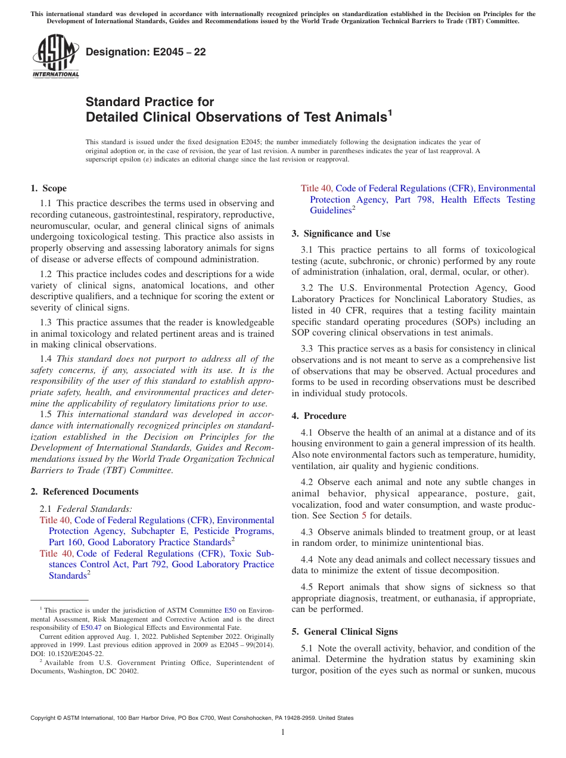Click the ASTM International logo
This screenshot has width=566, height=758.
(55, 57)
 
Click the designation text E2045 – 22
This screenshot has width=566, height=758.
(146, 52)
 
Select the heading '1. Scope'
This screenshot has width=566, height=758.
(49, 188)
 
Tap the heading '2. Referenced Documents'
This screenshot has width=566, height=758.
(85, 492)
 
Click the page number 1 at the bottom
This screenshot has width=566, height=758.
(283, 732)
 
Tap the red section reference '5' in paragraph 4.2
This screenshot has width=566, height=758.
(364, 515)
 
